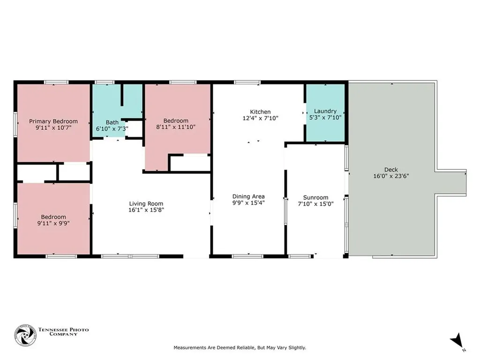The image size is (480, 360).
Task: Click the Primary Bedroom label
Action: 53,121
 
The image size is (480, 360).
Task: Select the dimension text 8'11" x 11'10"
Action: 176,127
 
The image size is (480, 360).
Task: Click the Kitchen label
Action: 260,112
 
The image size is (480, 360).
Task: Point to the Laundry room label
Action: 325,111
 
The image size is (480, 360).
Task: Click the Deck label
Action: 390,170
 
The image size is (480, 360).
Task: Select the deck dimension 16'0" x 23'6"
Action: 390,176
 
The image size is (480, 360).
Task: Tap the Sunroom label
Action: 316,197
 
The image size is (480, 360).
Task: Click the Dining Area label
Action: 248,196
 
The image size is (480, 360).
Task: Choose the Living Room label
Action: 146,203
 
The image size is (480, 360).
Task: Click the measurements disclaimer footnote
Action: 240,348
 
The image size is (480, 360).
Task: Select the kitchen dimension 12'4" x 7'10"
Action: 260,118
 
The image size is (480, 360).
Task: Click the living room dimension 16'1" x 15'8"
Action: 146,210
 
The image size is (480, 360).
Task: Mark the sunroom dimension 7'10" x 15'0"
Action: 316,204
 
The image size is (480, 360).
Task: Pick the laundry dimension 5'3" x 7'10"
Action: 325,118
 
